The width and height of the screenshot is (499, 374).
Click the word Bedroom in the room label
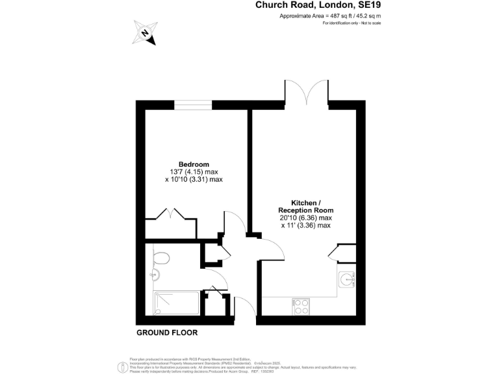194,164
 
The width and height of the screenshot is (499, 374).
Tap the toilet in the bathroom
160,258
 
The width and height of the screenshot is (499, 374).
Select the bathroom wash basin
155,275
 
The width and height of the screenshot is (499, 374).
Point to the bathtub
176,301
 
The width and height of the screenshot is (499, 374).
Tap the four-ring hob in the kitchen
301,305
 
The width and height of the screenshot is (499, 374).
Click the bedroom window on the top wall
194,105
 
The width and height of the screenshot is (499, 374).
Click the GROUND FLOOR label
167,332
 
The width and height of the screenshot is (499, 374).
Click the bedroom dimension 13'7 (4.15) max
194,171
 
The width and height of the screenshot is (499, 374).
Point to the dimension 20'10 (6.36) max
305,218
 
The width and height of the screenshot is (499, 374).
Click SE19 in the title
365,5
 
